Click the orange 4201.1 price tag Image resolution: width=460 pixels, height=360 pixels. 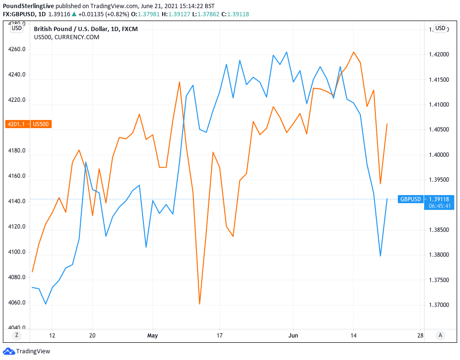[16, 124]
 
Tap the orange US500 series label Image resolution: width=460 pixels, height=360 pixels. [41, 124]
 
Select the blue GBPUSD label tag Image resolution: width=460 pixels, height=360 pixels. [411, 199]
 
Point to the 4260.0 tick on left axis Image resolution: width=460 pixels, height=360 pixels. [17, 50]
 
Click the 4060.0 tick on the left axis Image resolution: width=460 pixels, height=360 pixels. [17, 303]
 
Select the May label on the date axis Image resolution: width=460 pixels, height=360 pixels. [153, 336]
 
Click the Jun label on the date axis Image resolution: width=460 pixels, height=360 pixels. [293, 336]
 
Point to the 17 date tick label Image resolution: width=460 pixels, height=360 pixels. [219, 336]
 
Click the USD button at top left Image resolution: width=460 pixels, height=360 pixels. [17, 28]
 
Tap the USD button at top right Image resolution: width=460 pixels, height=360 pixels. [440, 28]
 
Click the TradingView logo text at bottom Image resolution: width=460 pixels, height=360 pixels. [33, 352]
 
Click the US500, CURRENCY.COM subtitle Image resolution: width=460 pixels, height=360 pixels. [66, 37]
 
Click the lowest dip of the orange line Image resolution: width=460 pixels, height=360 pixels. [199, 304]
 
